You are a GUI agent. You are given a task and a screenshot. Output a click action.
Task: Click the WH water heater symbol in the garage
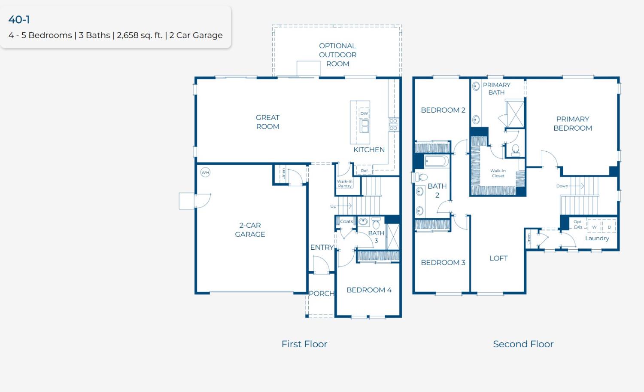pyautogui.click(x=205, y=172)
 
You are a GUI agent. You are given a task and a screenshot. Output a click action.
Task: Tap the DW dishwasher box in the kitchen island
pyautogui.click(x=364, y=113)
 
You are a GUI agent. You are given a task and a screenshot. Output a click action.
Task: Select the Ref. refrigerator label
pyautogui.click(x=365, y=171)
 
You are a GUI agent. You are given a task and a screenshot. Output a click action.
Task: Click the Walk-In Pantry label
pyautogui.click(x=345, y=184)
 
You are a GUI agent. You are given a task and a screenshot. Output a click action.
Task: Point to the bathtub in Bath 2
pyautogui.click(x=436, y=162)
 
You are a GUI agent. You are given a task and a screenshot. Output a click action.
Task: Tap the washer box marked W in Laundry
pyautogui.click(x=594, y=227)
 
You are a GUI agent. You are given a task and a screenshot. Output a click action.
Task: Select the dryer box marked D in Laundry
pyautogui.click(x=609, y=227)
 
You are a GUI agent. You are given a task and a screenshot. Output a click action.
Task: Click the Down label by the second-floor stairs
pyautogui.click(x=562, y=186)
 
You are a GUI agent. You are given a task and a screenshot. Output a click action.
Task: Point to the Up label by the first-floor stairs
pyautogui.click(x=333, y=206)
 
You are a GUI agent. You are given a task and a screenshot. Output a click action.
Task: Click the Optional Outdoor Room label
pyautogui.click(x=337, y=55)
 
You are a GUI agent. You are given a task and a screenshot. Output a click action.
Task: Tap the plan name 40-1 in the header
pyautogui.click(x=19, y=20)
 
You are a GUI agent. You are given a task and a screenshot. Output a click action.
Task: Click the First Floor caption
pyautogui.click(x=304, y=344)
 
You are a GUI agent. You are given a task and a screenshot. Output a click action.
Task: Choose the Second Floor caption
pyautogui.click(x=523, y=344)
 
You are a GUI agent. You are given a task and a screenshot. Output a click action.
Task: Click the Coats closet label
pyautogui.click(x=346, y=221)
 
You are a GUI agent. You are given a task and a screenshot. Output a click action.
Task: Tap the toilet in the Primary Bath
pyautogui.click(x=516, y=150)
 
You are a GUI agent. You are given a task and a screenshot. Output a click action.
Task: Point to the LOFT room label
pyautogui.click(x=498, y=258)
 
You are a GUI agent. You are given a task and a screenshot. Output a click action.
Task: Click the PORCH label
pyautogui.click(x=322, y=294)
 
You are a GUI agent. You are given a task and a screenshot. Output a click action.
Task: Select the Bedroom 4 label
pyautogui.click(x=369, y=290)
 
